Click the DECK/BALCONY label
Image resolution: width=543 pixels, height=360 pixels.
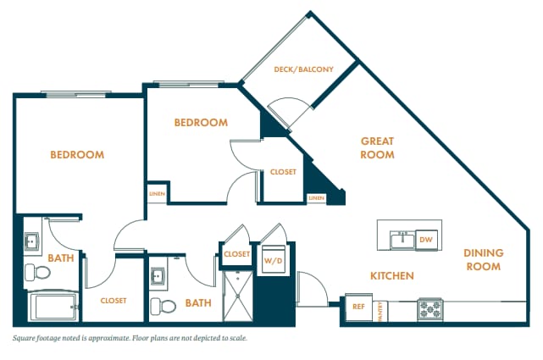coord(304,69)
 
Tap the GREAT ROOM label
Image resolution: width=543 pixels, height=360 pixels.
coord(378,148)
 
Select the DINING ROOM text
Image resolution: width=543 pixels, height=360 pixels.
coord(483,259)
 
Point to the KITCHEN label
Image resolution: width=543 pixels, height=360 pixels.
coord(391,276)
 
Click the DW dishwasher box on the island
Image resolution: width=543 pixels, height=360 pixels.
coord(426,241)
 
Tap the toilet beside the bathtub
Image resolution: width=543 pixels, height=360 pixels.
coord(36,272)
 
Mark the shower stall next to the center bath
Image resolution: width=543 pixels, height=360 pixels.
coord(238,295)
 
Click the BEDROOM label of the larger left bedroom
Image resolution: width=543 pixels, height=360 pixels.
coord(77,155)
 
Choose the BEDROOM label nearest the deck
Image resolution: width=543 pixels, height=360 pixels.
coord(201,123)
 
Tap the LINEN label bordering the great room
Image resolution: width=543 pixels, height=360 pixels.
coord(316,198)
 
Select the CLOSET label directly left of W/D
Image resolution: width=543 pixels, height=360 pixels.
coord(237,254)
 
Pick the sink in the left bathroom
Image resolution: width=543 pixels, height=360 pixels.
coord(32,242)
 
